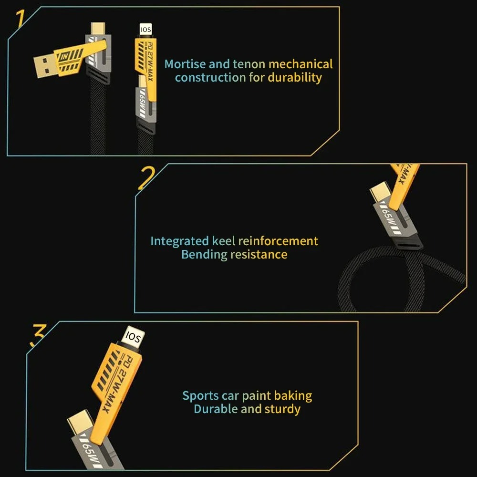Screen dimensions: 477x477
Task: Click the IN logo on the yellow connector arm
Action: [65, 56]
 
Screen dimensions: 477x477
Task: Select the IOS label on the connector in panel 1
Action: [145, 30]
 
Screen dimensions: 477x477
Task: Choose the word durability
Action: [294, 77]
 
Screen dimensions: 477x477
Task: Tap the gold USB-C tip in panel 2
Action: [379, 193]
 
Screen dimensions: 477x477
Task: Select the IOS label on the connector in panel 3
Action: [133, 338]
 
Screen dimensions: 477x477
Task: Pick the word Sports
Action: [200, 395]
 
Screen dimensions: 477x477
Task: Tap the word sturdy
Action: [282, 409]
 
